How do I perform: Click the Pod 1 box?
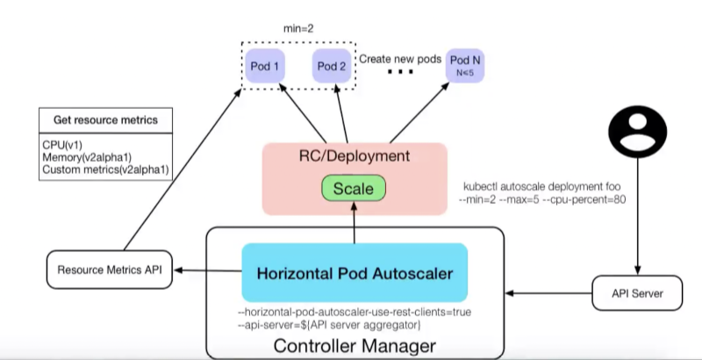pos(265,67)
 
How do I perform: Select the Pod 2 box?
pos(332,67)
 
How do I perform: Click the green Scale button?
pos(354,189)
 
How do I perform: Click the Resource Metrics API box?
pos(108,269)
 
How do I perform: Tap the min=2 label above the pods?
pos(297,28)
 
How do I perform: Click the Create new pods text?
pos(399,59)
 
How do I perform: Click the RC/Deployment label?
pos(353,157)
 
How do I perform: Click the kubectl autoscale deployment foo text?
pos(545,189)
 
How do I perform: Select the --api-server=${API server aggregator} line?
pos(331,326)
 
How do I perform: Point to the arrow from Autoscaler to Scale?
pos(353,225)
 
